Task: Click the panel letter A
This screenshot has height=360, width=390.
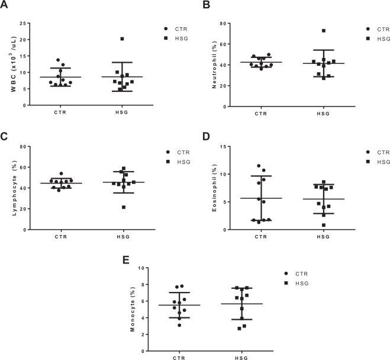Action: click(5, 5)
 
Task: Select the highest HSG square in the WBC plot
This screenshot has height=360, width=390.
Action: click(122, 39)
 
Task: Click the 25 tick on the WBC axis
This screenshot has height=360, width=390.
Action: click(24, 24)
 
